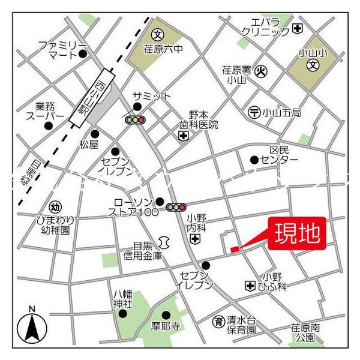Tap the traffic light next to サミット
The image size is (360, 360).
point(136,120)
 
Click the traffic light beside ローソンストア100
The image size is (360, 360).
point(176,208)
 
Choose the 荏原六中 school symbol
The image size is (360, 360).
point(157,34)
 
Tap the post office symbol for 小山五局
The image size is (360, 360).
point(254,112)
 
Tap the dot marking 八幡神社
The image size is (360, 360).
point(122,313)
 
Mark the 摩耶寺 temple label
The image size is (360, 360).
point(166,326)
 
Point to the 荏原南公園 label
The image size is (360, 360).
point(302,332)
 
